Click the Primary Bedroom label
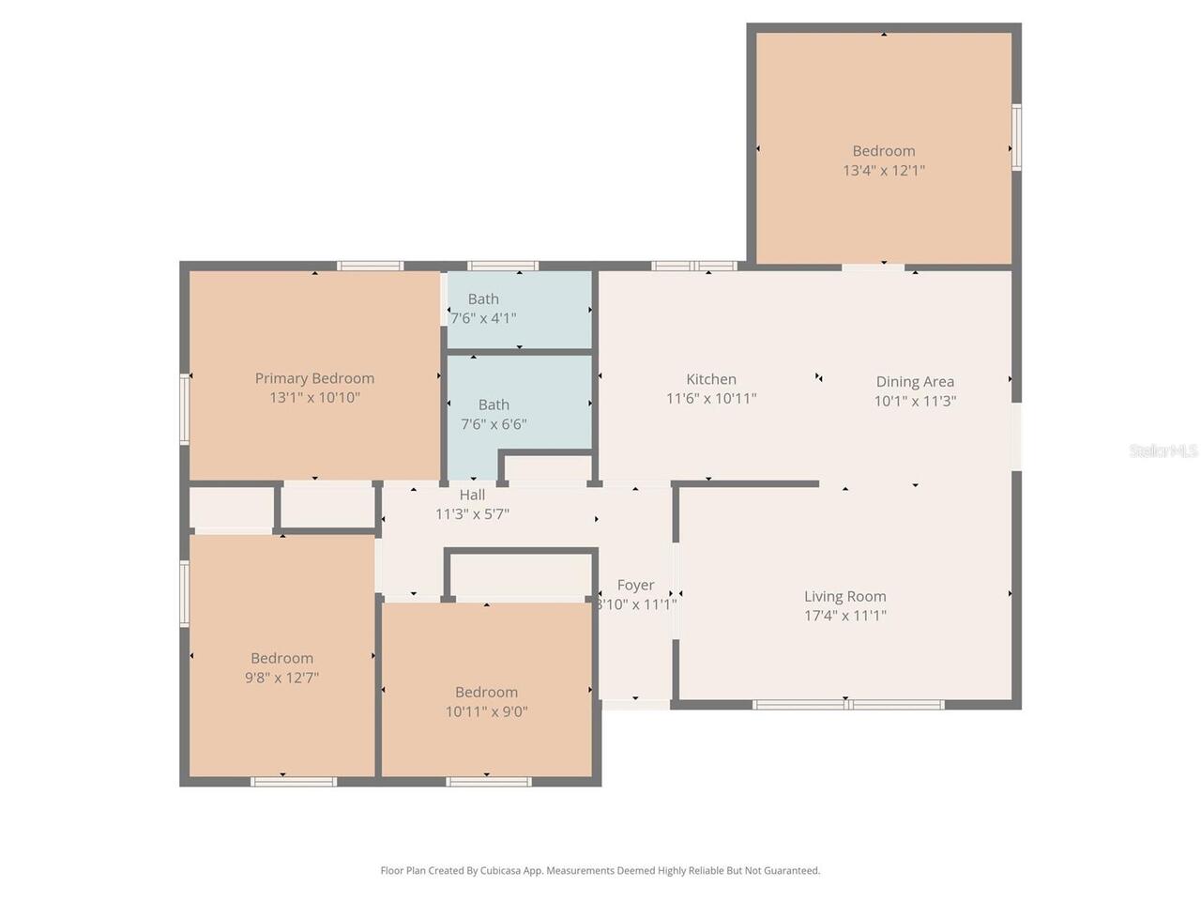point(314,378)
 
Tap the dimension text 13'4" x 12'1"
point(884,171)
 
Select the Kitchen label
point(711,379)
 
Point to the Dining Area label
point(915,381)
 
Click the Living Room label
point(844,596)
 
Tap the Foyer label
point(635,585)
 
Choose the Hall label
point(472,495)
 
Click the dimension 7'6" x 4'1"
point(483,318)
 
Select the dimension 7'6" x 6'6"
point(494,424)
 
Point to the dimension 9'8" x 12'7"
point(281,678)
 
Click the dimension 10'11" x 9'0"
point(486,711)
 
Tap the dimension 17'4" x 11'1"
point(844,616)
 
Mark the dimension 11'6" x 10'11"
point(711,398)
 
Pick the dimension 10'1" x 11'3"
point(915,401)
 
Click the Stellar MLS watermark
point(1163,450)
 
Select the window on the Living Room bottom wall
point(848,704)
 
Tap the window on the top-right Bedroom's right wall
point(1016,137)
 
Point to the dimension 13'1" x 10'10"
point(314,398)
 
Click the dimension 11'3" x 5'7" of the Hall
point(472,514)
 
